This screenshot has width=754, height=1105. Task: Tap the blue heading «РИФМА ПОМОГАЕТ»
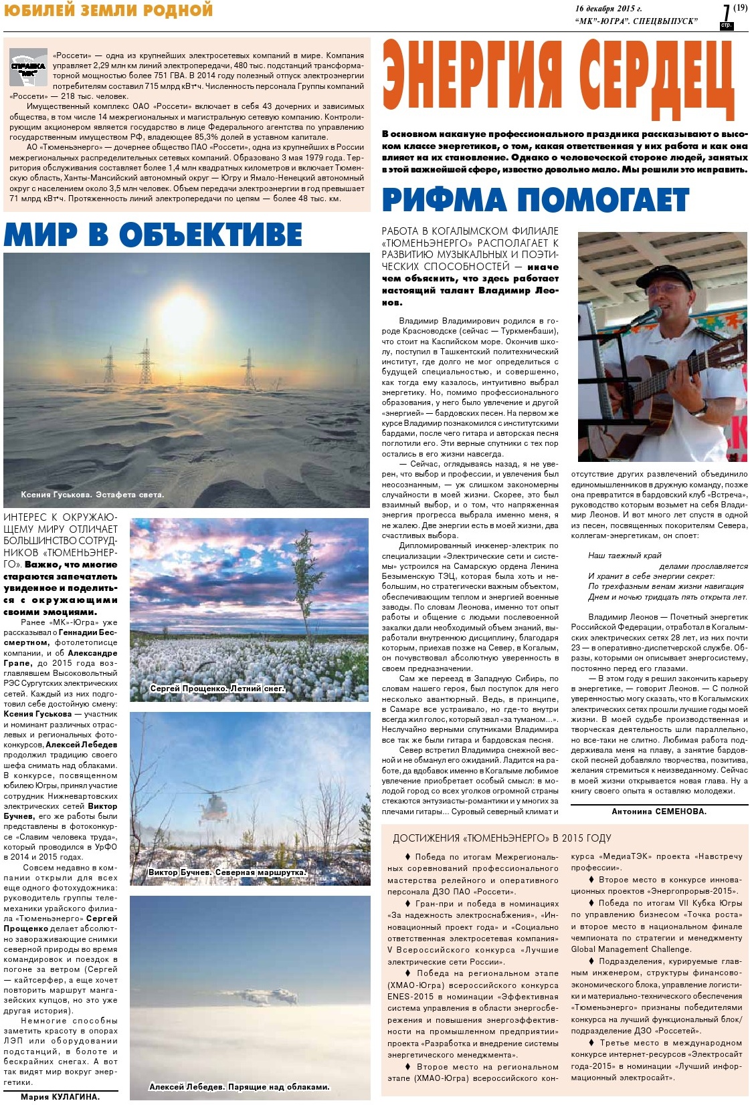pos(535,200)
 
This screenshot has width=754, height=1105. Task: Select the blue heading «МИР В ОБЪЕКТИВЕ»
pos(153,235)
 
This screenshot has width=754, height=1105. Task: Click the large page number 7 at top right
pos(726,14)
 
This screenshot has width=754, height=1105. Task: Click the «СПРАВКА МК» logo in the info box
pos(28,68)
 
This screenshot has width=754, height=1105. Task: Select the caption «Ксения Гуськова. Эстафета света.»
pos(92,495)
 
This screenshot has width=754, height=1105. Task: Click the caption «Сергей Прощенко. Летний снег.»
pos(217,689)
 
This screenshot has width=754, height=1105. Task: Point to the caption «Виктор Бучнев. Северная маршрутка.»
pos(227,872)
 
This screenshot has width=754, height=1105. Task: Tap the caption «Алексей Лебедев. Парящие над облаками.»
pos(239,1087)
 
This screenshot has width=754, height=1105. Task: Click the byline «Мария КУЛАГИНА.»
pos(60,1097)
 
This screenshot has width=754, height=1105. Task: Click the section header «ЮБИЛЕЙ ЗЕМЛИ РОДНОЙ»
pos(108,10)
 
